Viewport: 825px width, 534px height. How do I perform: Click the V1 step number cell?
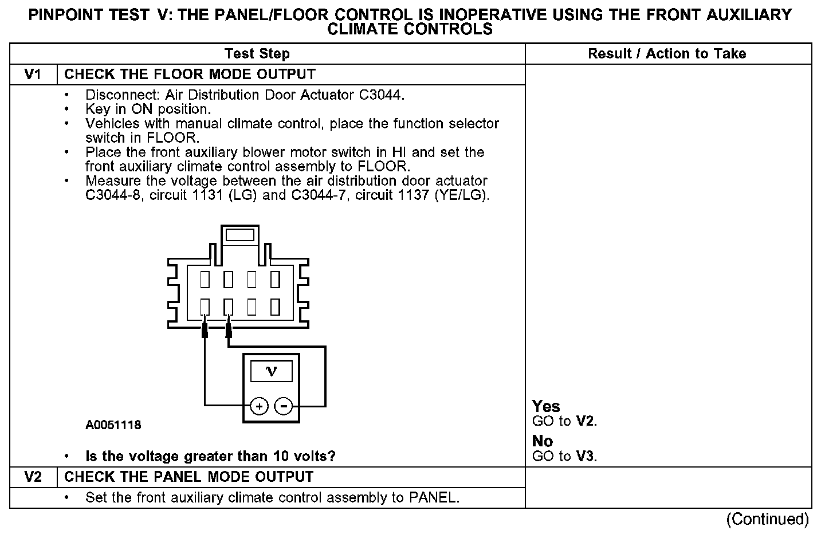(33, 74)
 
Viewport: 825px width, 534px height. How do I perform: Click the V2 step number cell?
(33, 477)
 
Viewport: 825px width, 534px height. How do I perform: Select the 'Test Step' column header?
(257, 54)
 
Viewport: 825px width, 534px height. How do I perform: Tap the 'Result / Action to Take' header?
(667, 54)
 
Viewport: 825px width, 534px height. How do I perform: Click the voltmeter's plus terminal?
(259, 406)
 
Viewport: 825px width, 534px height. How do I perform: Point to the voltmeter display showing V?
(272, 372)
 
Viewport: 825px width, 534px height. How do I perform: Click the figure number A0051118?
(113, 425)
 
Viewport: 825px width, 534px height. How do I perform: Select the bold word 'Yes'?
(546, 406)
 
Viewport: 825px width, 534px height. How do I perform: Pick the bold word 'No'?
(543, 441)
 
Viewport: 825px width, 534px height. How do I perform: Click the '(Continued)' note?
(767, 519)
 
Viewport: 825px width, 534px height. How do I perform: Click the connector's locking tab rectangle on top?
(240, 235)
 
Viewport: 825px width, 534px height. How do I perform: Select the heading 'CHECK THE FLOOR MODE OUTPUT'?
(190, 74)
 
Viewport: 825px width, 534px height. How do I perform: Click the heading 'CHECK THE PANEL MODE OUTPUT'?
(189, 477)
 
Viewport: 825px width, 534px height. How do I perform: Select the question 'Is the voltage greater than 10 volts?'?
(210, 457)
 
